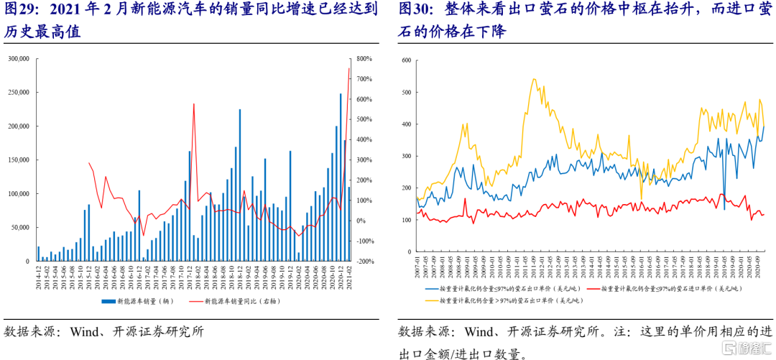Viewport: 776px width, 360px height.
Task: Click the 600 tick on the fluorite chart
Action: (x=406, y=60)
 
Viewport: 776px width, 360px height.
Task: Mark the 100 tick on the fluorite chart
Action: (x=406, y=219)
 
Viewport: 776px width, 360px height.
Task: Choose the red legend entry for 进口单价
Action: (x=671, y=287)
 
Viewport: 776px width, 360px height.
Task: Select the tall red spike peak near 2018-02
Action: (x=194, y=104)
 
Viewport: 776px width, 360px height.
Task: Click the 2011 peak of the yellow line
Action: (x=534, y=79)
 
